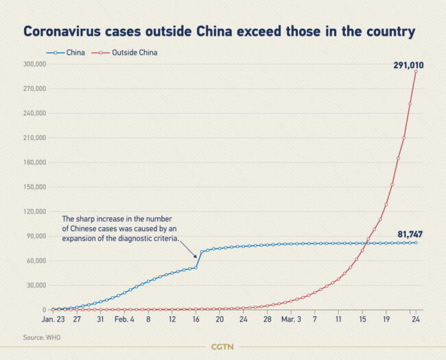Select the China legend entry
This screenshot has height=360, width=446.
point(66,52)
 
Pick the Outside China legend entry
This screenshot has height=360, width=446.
point(128,52)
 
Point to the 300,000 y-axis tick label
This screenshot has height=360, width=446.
point(34,64)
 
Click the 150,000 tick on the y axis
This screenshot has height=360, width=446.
point(34,187)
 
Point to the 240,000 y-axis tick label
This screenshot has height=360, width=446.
point(34,113)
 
